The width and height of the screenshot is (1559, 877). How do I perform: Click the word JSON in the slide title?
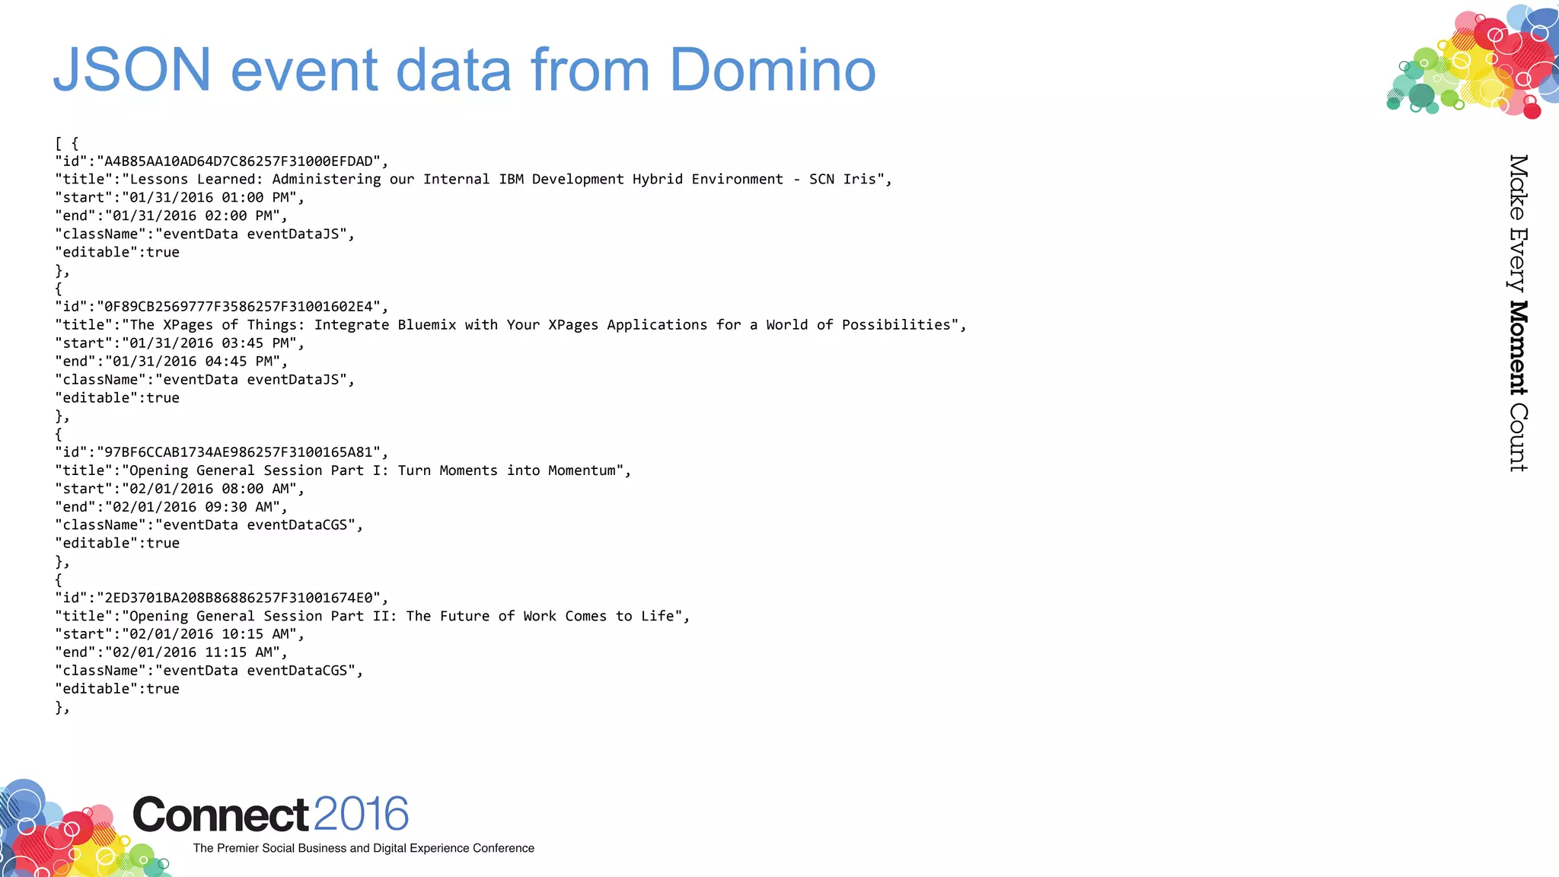coord(132,70)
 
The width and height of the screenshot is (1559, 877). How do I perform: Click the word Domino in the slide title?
coord(772,70)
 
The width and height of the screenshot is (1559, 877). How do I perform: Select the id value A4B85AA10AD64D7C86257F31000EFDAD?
coord(238,161)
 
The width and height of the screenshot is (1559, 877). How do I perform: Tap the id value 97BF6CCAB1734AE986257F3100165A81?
coord(238,452)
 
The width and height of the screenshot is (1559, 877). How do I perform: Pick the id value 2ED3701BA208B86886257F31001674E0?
coord(238,598)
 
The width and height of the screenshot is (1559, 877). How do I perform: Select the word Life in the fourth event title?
coord(657,616)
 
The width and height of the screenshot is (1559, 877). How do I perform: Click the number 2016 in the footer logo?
coord(361,814)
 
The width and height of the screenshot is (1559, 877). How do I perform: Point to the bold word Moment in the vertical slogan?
coord(1518,348)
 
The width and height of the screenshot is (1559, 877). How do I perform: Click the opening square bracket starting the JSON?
coord(58,144)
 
